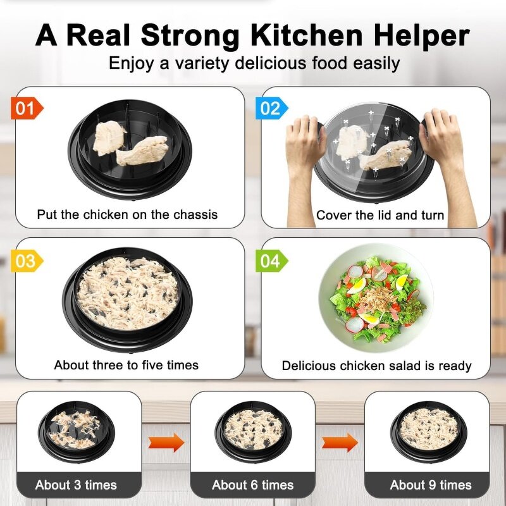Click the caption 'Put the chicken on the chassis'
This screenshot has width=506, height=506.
(x=127, y=214)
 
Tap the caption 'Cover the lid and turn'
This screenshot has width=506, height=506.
(x=380, y=215)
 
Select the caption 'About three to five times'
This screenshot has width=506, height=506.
(x=126, y=365)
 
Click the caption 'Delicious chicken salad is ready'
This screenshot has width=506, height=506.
(x=376, y=366)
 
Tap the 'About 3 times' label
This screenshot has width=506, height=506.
(x=76, y=485)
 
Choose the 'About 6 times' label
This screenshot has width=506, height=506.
(x=253, y=485)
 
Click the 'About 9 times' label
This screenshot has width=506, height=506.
(x=431, y=485)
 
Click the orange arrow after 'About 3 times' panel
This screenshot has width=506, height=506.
(x=166, y=442)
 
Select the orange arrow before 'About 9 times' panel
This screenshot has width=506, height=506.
(x=340, y=442)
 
